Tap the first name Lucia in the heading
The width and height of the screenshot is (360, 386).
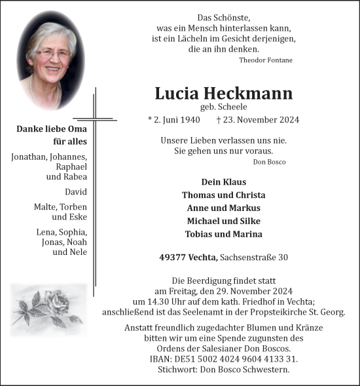coord(177,94)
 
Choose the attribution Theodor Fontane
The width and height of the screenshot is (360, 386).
coord(266,60)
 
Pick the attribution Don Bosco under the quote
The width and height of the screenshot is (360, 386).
coord(269,161)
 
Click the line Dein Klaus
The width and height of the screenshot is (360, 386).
coord(224,182)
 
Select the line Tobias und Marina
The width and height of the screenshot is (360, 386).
coord(224,234)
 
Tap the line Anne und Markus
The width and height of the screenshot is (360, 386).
coord(224,208)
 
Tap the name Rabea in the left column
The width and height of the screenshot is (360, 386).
coord(75,177)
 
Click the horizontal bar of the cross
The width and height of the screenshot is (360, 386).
coord(94,120)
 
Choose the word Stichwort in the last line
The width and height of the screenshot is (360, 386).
coord(180,370)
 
